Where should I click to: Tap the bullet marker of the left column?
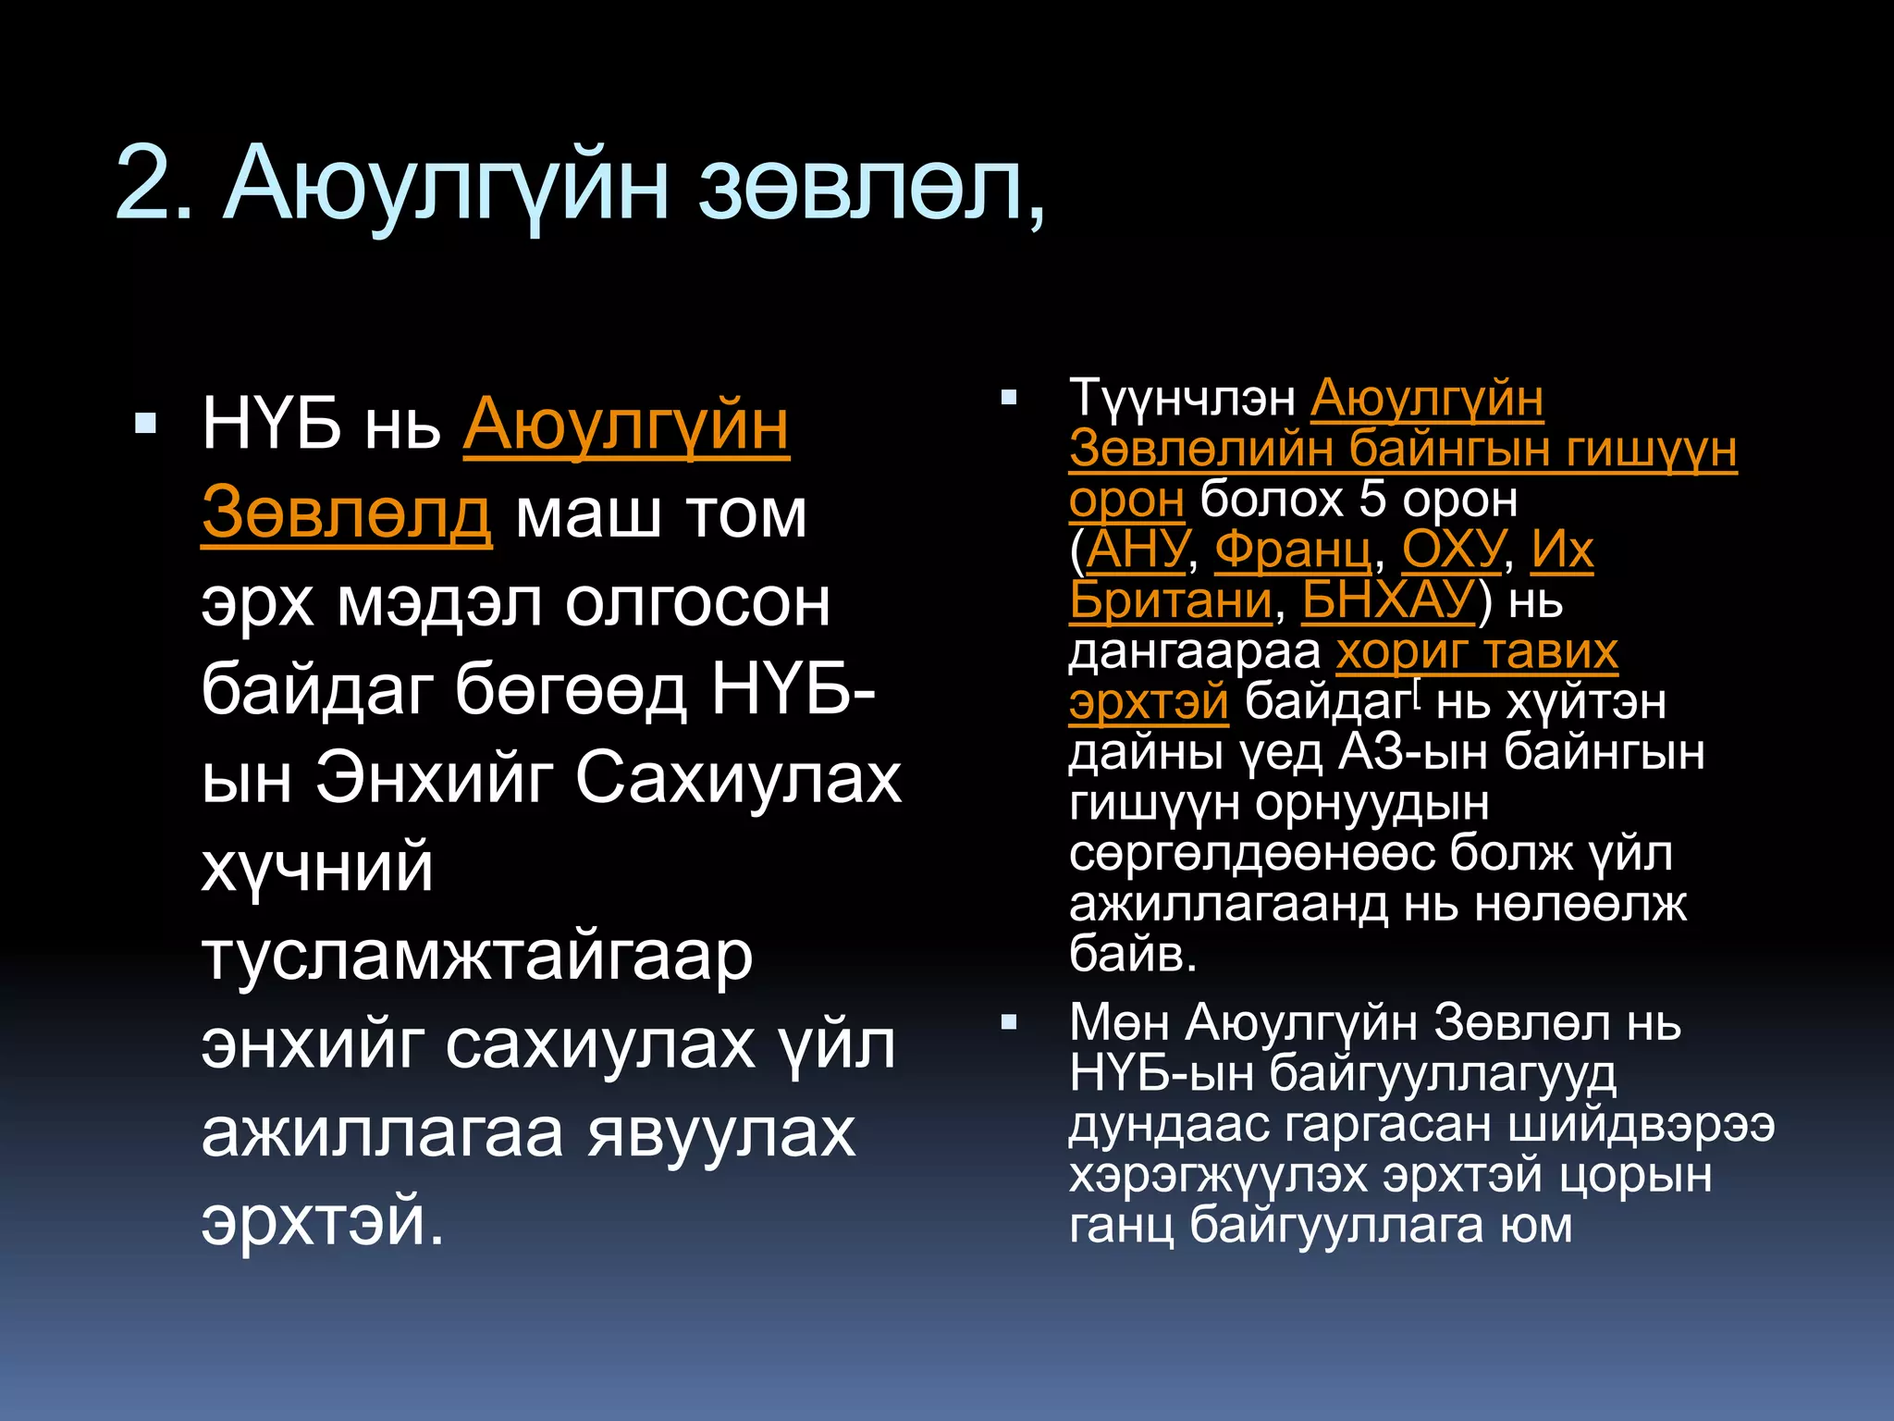(x=145, y=425)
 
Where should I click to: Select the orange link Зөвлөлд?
(x=346, y=514)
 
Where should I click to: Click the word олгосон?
(x=697, y=603)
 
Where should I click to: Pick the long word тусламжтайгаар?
(x=477, y=957)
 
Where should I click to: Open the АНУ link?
(x=1137, y=550)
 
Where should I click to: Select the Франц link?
(x=1293, y=550)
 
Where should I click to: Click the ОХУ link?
(x=1453, y=550)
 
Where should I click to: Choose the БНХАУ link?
(x=1387, y=601)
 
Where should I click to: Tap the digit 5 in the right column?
(x=1372, y=500)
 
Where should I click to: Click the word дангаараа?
(x=1195, y=652)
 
